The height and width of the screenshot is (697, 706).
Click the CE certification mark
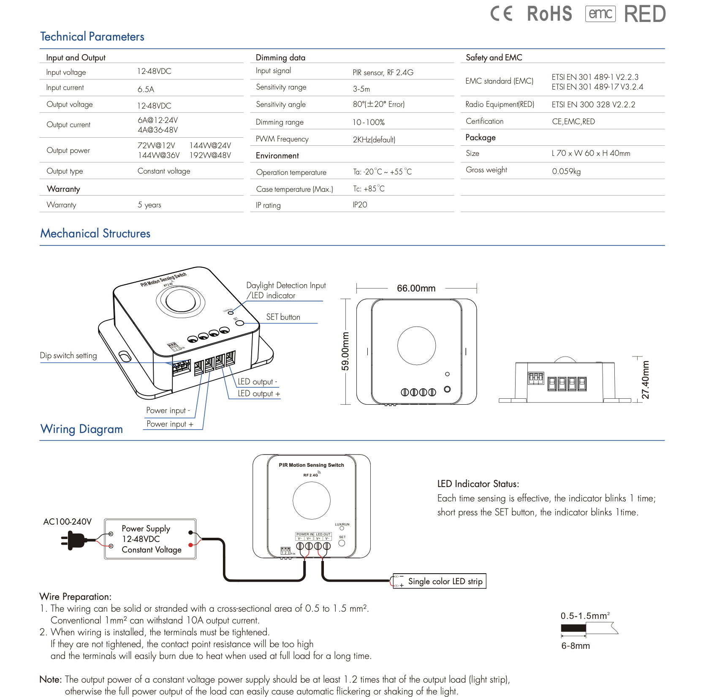[501, 14]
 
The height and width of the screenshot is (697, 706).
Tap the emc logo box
[600, 14]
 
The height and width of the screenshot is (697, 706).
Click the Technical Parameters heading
[92, 37]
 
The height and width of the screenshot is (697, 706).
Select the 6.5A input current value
[146, 89]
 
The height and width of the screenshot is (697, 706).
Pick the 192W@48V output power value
[210, 155]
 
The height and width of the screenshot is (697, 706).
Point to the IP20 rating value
[360, 205]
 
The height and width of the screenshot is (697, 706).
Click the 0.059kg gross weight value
[566, 171]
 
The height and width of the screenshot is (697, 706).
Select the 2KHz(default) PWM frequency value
[374, 139]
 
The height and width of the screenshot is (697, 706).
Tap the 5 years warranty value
[149, 205]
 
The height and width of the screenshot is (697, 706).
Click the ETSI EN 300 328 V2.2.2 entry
[593, 105]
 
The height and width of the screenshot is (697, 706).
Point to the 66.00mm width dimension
[416, 288]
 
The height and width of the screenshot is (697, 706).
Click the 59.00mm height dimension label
[345, 351]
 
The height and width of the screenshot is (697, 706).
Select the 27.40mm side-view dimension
[645, 380]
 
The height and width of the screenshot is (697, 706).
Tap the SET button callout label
[283, 317]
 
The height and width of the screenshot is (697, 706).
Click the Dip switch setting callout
[68, 356]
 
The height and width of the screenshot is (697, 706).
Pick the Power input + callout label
[170, 424]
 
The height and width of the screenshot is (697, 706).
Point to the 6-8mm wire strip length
[575, 646]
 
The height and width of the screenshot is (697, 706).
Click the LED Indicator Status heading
[478, 484]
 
